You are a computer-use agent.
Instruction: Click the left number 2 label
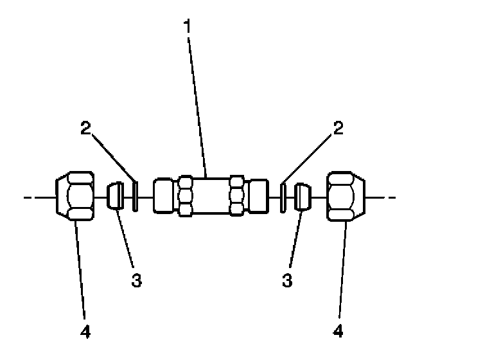tap(86, 127)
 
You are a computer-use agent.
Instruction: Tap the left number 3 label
tap(137, 281)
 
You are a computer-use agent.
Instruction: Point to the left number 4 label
tap(86, 332)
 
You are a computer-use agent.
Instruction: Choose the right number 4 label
tap(338, 332)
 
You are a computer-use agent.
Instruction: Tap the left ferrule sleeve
tap(116, 196)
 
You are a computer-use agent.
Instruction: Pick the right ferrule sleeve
tap(303, 196)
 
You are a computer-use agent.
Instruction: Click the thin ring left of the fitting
tap(136, 197)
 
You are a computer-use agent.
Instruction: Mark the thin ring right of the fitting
tap(283, 197)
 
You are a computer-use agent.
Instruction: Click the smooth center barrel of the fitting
tap(211, 197)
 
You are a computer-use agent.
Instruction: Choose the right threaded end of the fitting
tap(259, 197)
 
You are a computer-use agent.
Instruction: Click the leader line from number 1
tap(198, 103)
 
